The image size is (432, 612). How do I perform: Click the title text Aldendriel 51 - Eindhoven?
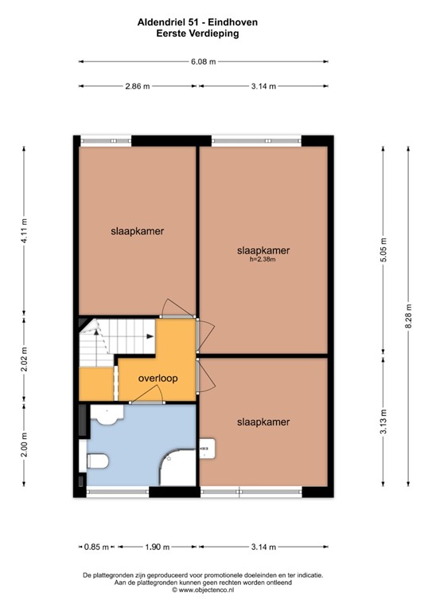(203, 23)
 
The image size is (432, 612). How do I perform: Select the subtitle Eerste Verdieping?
(203, 33)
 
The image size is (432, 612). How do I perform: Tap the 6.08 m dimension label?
(203, 61)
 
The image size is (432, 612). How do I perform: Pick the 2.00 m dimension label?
(24, 444)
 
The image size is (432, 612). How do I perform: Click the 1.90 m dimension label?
(158, 547)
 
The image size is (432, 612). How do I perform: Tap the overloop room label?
(157, 379)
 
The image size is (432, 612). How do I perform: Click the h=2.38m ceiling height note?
(263, 259)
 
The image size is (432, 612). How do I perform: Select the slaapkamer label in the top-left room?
(137, 231)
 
